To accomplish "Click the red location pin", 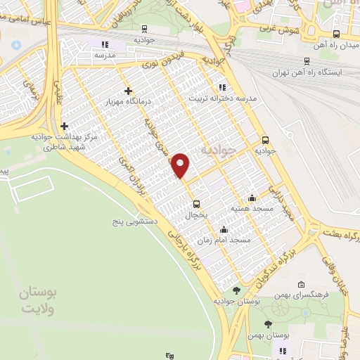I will (x=181, y=165).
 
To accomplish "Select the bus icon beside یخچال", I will (x=198, y=205).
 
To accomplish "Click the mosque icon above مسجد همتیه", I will (x=252, y=198).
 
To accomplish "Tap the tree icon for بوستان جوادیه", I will (x=237, y=289).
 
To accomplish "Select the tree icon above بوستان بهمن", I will (x=268, y=324).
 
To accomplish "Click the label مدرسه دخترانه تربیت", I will (x=219, y=98).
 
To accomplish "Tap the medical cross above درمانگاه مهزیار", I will (x=127, y=91).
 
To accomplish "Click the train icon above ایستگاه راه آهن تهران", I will (x=306, y=61).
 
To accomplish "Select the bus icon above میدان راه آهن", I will (x=337, y=33).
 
